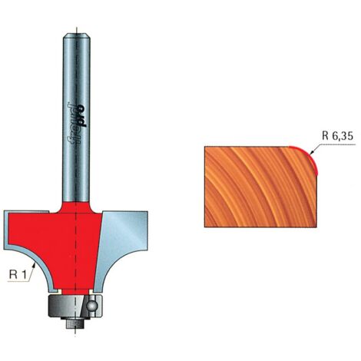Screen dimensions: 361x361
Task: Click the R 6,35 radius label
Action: tap(337, 136)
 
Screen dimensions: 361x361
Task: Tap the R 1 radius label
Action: tap(18, 275)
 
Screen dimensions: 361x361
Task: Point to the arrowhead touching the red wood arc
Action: tap(311, 153)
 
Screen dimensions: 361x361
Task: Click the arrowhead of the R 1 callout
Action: tap(34, 266)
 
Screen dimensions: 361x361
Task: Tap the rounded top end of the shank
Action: tap(77, 36)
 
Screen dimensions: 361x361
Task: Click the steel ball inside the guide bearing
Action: tap(91, 306)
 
